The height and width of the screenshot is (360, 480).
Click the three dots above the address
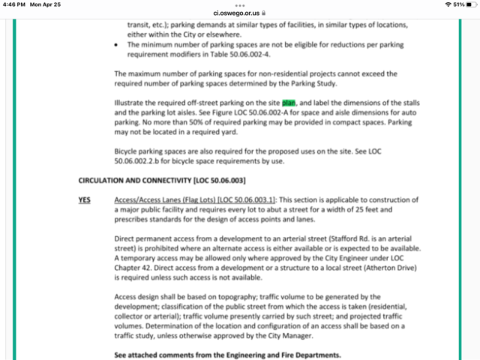(239, 4)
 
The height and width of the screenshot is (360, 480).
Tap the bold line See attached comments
(227, 354)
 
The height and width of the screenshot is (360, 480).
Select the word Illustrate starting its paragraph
(132, 101)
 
